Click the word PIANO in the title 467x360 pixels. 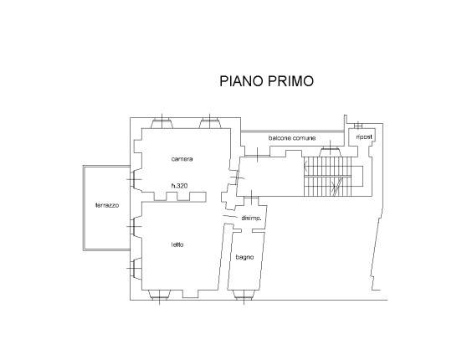[241, 81]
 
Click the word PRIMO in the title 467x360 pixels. [290, 81]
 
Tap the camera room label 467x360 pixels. [182, 159]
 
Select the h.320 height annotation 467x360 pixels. [180, 186]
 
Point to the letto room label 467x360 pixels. [177, 244]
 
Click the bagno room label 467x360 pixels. [244, 257]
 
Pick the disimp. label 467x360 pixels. [251, 219]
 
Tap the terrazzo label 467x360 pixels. [107, 205]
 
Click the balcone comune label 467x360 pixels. [292, 138]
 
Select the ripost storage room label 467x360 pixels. [364, 137]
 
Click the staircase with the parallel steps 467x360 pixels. [327, 177]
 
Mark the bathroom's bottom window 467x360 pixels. [244, 295]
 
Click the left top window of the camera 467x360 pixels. [162, 123]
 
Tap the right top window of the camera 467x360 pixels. [210, 123]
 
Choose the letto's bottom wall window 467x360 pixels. [159, 295]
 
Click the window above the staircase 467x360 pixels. [330, 152]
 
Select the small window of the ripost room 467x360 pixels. [358, 126]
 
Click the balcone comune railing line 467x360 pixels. [292, 131]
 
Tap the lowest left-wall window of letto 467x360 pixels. [136, 269]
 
